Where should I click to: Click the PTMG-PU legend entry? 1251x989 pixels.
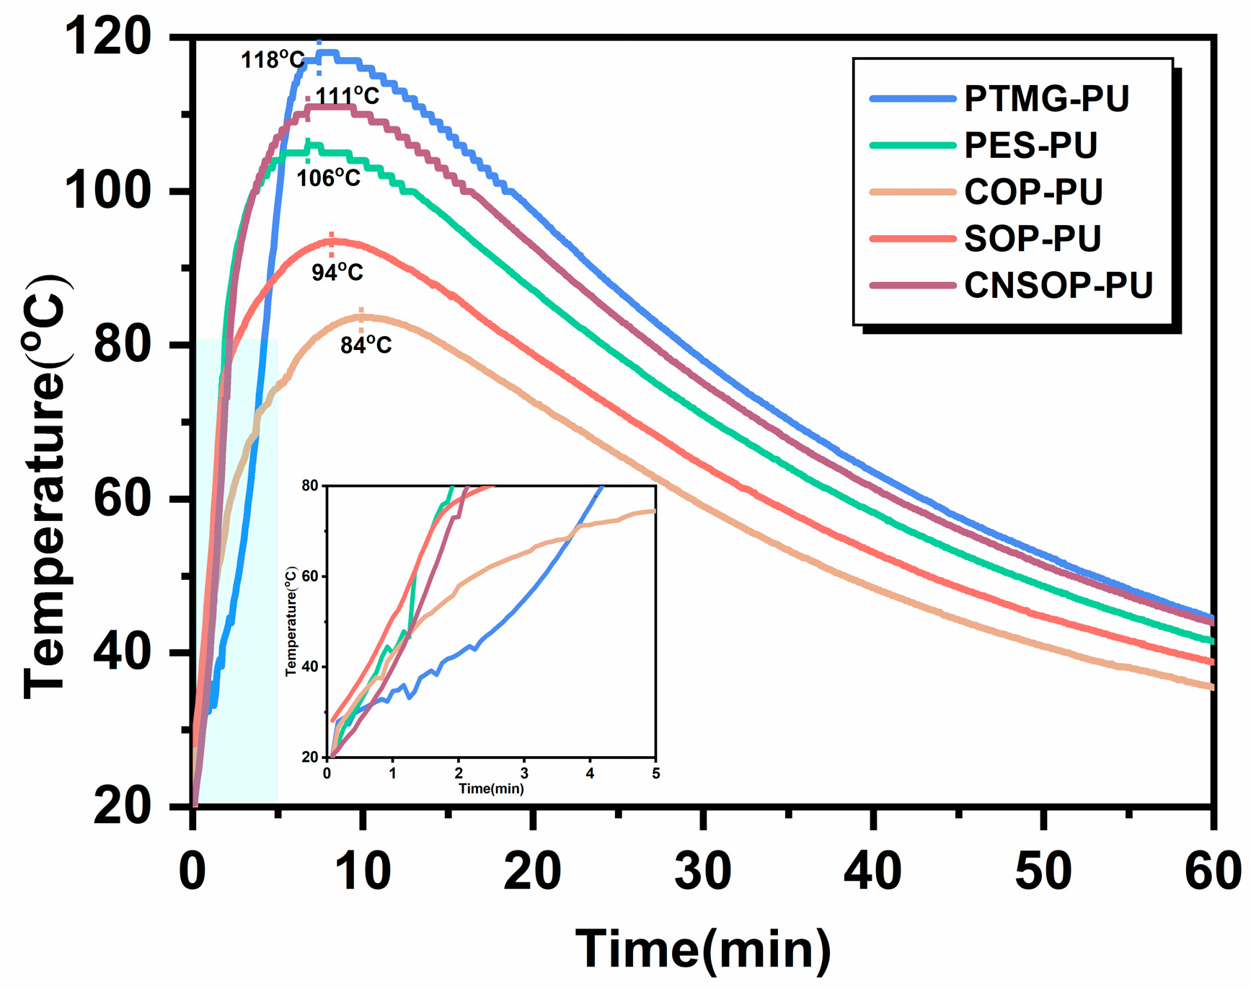point(1046,99)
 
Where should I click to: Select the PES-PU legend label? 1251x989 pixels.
point(1030,146)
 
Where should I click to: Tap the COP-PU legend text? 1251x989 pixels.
point(1033,192)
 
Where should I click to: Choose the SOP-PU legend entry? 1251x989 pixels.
point(1033,239)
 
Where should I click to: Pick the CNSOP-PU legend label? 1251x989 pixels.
point(1058,286)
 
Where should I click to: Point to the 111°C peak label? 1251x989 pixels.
point(347,96)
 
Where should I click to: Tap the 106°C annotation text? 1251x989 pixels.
point(328,177)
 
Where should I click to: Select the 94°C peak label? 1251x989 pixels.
point(337,272)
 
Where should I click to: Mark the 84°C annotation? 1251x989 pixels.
point(366,346)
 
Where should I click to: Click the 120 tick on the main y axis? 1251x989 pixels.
point(108,38)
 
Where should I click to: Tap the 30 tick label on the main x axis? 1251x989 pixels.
point(702,871)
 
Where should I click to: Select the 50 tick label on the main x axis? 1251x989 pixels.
point(1043,871)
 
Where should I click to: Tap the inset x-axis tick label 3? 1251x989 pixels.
point(524,773)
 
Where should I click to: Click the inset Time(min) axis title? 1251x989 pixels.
point(491,788)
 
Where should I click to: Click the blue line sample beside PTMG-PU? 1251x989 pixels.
point(912,99)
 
